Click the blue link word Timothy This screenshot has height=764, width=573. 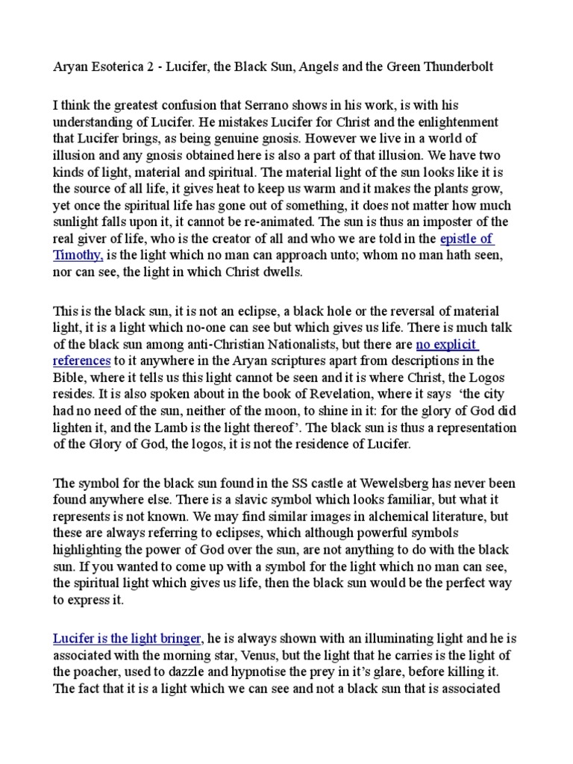point(78,254)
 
